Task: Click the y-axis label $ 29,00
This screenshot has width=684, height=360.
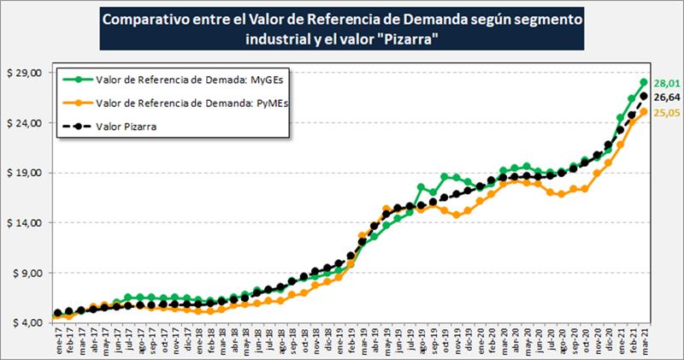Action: pyautogui.click(x=25, y=73)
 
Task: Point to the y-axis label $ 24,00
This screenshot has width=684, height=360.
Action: pyautogui.click(x=25, y=122)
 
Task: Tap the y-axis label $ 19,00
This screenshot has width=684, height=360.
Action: pyautogui.click(x=25, y=173)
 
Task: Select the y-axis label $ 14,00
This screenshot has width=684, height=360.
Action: pyautogui.click(x=25, y=222)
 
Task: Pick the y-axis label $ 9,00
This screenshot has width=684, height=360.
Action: pyautogui.click(x=27, y=273)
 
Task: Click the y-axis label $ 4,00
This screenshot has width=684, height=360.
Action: pyautogui.click(x=27, y=322)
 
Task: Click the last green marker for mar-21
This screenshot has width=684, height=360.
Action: pyautogui.click(x=643, y=83)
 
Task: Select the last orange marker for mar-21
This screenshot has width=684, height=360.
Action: pyautogui.click(x=643, y=112)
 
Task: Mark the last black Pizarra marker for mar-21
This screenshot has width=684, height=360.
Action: pyautogui.click(x=643, y=97)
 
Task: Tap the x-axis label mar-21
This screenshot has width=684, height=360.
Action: pyautogui.click(x=643, y=339)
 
